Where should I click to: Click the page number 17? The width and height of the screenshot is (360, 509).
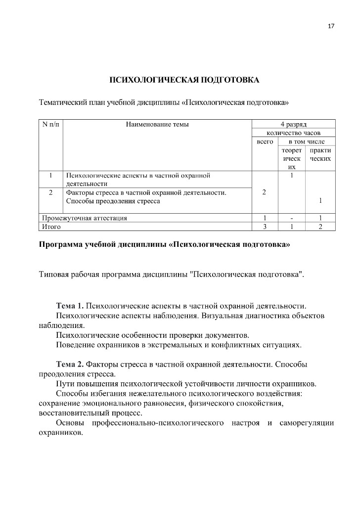tap(331, 26)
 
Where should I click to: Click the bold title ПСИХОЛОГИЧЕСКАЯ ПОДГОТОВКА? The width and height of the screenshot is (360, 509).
tap(184, 80)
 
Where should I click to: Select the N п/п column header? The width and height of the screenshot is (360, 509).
tap(50, 124)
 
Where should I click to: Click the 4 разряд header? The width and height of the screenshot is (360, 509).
tap(294, 124)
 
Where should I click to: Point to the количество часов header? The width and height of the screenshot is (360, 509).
tap(294, 133)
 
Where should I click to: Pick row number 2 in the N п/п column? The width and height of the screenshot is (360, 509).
tap(51, 192)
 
